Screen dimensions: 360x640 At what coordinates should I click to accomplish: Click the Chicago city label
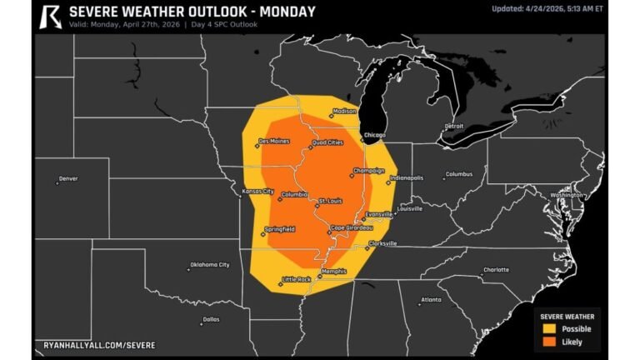(374, 134)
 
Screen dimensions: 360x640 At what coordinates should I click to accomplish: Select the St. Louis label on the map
(331, 201)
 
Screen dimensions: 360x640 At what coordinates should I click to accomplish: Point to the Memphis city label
(332, 271)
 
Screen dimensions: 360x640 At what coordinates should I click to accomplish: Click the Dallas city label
(210, 319)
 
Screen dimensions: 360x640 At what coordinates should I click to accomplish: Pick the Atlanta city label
(431, 299)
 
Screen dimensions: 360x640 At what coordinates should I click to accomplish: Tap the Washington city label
(567, 195)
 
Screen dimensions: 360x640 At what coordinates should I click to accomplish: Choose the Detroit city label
(453, 127)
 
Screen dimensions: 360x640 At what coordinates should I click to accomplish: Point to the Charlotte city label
(496, 270)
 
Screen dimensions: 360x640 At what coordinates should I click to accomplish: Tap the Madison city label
(344, 112)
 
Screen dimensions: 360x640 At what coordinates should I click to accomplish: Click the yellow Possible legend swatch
(549, 328)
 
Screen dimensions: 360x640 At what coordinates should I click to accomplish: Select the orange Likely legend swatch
(549, 342)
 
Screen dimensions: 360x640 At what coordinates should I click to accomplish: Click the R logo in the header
(51, 16)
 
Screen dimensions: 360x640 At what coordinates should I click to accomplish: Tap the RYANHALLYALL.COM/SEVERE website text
(99, 344)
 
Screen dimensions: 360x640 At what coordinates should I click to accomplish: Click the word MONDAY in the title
(283, 12)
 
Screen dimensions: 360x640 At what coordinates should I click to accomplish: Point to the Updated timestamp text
(547, 9)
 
